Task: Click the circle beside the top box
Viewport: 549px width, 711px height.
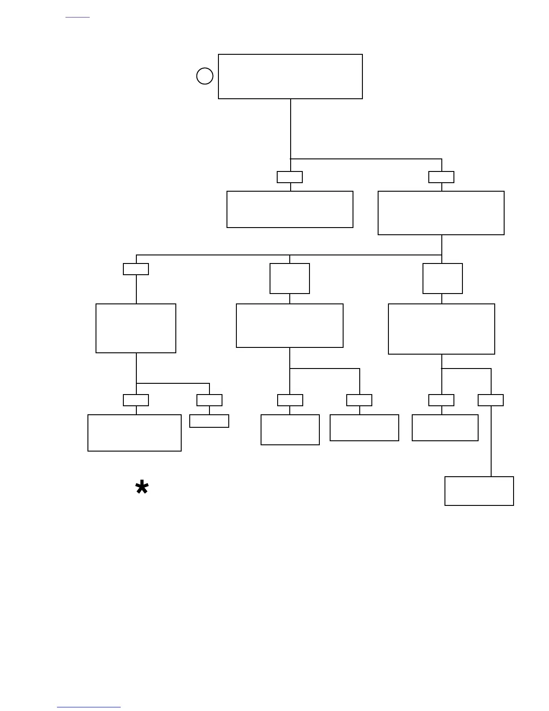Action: pyautogui.click(x=205, y=76)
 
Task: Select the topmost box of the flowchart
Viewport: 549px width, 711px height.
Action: pyautogui.click(x=290, y=76)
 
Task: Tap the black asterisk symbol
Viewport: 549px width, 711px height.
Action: pyautogui.click(x=142, y=487)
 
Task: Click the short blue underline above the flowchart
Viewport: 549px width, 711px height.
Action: pyautogui.click(x=78, y=18)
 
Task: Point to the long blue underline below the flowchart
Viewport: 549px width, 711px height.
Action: pyautogui.click(x=89, y=707)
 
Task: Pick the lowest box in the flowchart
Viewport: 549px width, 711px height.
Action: pyautogui.click(x=479, y=491)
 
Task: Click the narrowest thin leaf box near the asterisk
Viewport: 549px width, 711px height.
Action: pyautogui.click(x=209, y=421)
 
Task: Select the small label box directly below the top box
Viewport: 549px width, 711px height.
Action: pyautogui.click(x=290, y=177)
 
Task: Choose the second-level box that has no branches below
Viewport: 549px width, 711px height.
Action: pyautogui.click(x=290, y=210)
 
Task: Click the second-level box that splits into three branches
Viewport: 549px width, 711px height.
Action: pyautogui.click(x=441, y=213)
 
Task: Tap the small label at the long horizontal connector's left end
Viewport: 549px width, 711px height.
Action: pyautogui.click(x=136, y=269)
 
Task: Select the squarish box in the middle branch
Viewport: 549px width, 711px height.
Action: pyautogui.click(x=290, y=279)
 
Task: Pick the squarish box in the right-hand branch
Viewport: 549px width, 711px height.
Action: pyautogui.click(x=443, y=279)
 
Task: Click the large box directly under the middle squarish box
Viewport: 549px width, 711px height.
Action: pyautogui.click(x=290, y=326)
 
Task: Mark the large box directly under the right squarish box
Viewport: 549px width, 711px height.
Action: pyautogui.click(x=441, y=329)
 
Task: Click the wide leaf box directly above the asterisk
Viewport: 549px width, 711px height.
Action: pyautogui.click(x=135, y=433)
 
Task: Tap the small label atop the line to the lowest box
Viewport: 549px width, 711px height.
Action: pyautogui.click(x=491, y=400)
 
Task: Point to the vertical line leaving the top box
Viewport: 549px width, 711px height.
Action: pyautogui.click(x=291, y=128)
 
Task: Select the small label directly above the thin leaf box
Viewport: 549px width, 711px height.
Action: pyautogui.click(x=209, y=400)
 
